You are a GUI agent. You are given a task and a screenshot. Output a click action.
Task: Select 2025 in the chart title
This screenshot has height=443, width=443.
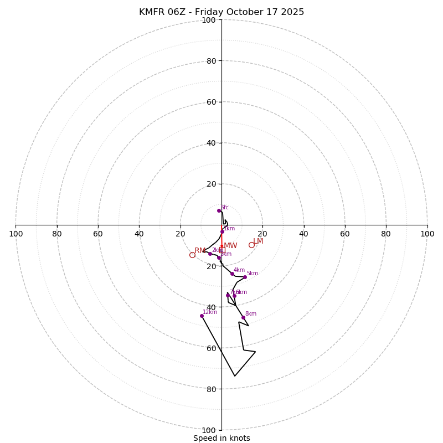[x=292, y=12]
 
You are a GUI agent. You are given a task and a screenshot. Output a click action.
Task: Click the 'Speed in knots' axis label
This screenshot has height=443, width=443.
[x=221, y=438]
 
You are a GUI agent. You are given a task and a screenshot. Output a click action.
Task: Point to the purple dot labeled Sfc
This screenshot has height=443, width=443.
[x=219, y=210]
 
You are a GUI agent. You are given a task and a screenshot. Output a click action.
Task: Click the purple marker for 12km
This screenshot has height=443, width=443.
[x=202, y=316]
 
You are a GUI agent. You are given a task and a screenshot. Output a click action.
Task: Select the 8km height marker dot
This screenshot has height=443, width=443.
[x=243, y=317]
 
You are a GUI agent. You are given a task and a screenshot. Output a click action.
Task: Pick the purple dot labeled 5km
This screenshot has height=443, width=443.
[x=245, y=277]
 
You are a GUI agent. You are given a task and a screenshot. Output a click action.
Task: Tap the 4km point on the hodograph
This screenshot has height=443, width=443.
[x=232, y=274]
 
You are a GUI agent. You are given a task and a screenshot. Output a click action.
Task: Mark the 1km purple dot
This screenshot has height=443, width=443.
[x=222, y=232]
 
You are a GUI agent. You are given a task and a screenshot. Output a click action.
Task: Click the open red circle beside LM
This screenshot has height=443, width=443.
[x=251, y=245]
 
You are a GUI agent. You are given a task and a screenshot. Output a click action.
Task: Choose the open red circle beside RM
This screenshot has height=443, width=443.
[x=192, y=255]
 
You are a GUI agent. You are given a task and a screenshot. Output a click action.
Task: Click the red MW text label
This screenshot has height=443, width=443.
[x=230, y=246]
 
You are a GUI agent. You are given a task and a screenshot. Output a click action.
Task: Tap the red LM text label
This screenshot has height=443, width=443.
[x=258, y=241]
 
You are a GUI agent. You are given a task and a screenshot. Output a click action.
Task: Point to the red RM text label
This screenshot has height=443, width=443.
[x=199, y=251]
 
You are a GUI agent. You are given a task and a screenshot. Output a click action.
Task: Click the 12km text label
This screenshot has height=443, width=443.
[x=210, y=312]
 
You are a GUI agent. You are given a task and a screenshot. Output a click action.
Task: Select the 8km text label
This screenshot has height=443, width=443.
[x=251, y=313]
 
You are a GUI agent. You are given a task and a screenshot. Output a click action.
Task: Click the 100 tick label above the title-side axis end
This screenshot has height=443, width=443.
[x=209, y=20]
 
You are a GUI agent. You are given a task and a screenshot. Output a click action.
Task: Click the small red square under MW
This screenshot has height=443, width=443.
[x=222, y=250]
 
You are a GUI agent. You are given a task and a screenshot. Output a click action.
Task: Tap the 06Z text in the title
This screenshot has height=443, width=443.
[x=180, y=12]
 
